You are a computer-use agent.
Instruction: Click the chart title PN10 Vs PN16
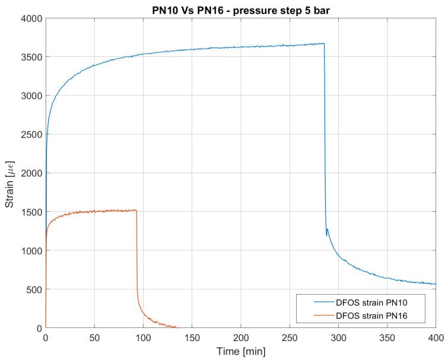pos(240,8)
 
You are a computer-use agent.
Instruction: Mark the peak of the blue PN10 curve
pos(323,43)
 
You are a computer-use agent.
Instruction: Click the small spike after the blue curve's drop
pos(328,229)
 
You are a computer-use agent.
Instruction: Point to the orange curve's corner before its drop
pos(136,210)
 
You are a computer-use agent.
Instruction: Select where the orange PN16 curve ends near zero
pos(177,327)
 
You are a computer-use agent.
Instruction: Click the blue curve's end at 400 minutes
pos(436,284)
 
